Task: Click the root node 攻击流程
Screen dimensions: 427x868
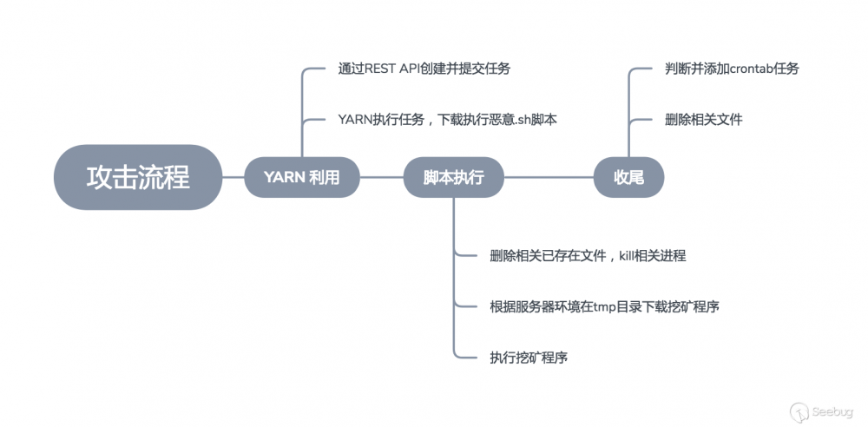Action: [x=138, y=177]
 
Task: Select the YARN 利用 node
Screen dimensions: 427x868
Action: [x=301, y=177]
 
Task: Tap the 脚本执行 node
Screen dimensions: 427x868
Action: [x=453, y=177]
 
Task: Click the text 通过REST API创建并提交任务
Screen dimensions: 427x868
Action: [x=431, y=69]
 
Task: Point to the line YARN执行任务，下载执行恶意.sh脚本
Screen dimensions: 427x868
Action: [x=447, y=119]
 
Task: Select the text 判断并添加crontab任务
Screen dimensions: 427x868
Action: [x=731, y=69]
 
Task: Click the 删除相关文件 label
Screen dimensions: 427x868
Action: [x=703, y=119]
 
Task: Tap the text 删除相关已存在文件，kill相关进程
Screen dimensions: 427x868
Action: [x=588, y=255]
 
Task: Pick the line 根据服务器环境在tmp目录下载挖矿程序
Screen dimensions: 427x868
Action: [x=604, y=305]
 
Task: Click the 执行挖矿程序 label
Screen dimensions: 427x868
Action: [x=529, y=357]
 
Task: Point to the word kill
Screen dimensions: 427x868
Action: [x=628, y=255]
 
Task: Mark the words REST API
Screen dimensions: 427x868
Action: [x=391, y=69]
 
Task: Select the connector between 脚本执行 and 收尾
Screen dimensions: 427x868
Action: [x=549, y=177]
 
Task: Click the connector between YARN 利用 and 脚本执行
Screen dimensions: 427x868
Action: [x=382, y=177]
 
